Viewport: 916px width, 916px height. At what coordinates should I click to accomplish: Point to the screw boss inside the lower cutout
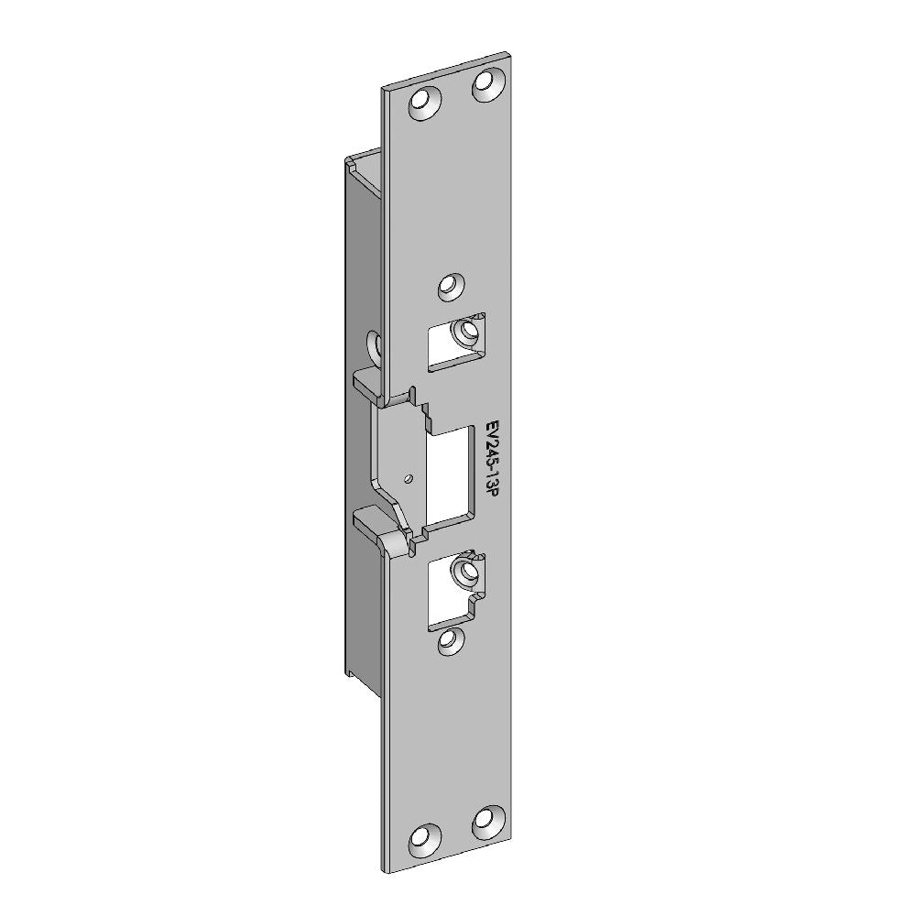[467, 571]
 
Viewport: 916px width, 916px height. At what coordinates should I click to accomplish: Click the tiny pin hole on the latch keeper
[409, 479]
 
